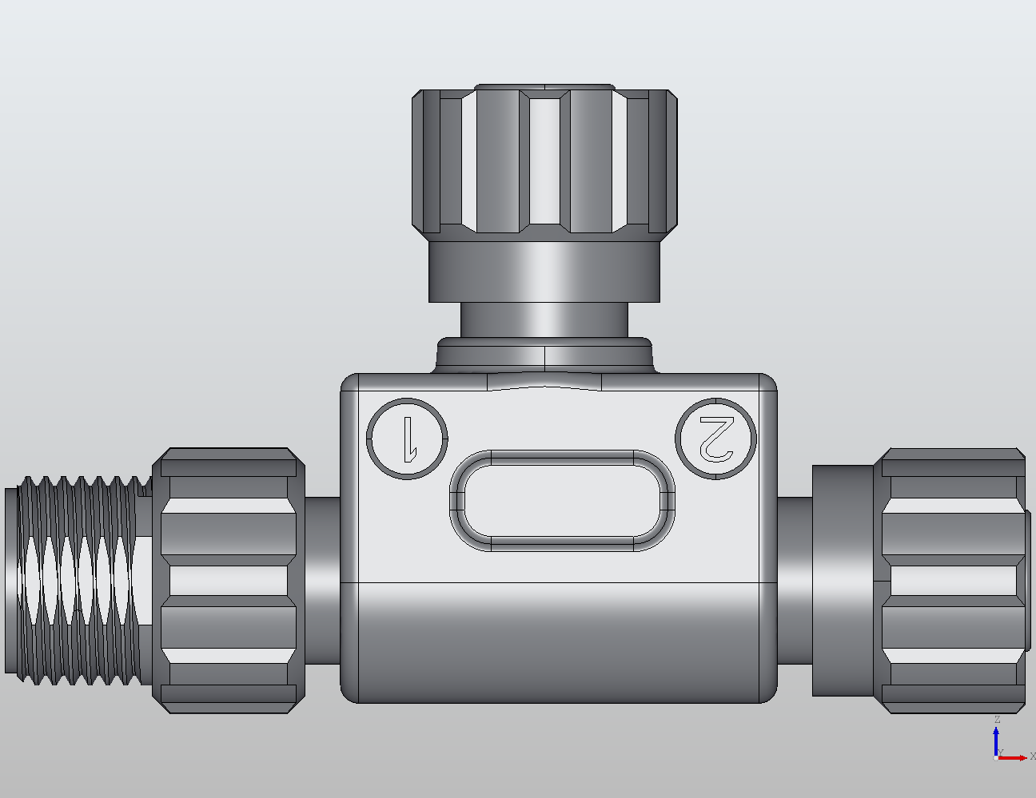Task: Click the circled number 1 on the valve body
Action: click(x=407, y=439)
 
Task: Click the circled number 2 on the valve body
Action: click(x=715, y=439)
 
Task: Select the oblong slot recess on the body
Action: click(x=562, y=501)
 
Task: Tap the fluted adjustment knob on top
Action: click(x=544, y=160)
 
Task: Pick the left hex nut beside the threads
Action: click(x=229, y=581)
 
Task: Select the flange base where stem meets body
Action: click(x=544, y=355)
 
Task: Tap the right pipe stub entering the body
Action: click(x=795, y=581)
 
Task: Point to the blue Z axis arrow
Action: click(x=996, y=739)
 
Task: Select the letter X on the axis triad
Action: click(x=1032, y=756)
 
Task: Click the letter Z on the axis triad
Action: click(x=997, y=720)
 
